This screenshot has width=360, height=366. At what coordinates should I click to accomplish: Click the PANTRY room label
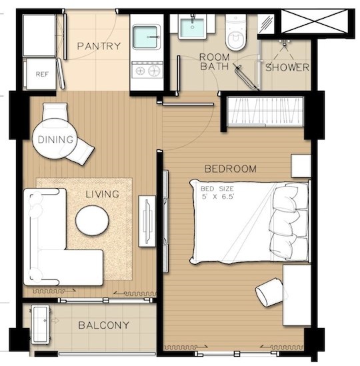click(x=99, y=46)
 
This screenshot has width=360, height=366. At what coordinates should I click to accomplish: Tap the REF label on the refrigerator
click(x=42, y=74)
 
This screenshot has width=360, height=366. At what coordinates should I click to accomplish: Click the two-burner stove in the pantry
click(x=147, y=69)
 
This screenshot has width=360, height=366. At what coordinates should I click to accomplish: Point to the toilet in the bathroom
click(x=236, y=32)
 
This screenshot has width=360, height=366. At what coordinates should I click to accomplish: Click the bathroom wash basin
click(x=193, y=27)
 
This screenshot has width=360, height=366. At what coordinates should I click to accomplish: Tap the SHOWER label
click(x=287, y=67)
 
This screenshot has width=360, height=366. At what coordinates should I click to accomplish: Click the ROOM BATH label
click(x=214, y=62)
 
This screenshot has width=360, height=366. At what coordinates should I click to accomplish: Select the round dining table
click(x=55, y=139)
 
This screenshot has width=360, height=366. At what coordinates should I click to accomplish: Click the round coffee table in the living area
click(x=92, y=220)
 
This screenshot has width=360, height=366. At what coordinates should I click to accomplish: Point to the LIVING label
click(x=103, y=194)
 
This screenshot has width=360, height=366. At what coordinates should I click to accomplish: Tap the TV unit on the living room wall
click(x=147, y=221)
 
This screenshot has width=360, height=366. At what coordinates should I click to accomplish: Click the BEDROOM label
click(x=231, y=169)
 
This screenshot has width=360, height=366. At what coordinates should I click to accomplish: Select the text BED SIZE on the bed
click(x=217, y=189)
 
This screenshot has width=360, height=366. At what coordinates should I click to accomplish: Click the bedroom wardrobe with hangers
click(x=265, y=112)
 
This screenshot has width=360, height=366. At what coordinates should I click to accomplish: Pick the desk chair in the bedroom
click(x=269, y=292)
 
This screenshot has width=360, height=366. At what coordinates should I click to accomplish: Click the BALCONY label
click(x=103, y=325)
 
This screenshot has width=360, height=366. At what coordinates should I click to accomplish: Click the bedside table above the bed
click(x=301, y=166)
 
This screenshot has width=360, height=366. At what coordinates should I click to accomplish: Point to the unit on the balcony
click(x=41, y=324)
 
